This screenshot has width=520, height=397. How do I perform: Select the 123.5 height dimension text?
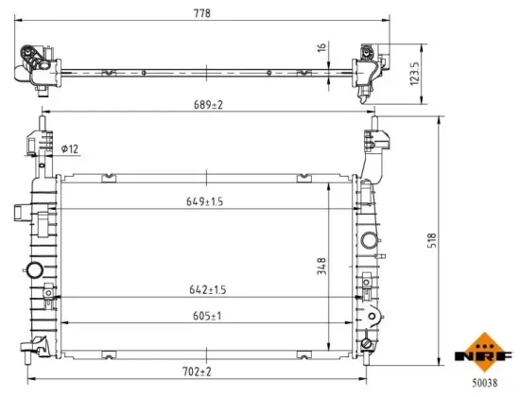[413, 72]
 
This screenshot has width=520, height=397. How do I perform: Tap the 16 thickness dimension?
[322, 47]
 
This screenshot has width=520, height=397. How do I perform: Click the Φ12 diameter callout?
[68, 147]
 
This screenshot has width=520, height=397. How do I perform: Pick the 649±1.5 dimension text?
[204, 201]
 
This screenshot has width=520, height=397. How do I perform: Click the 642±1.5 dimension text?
[204, 290]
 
